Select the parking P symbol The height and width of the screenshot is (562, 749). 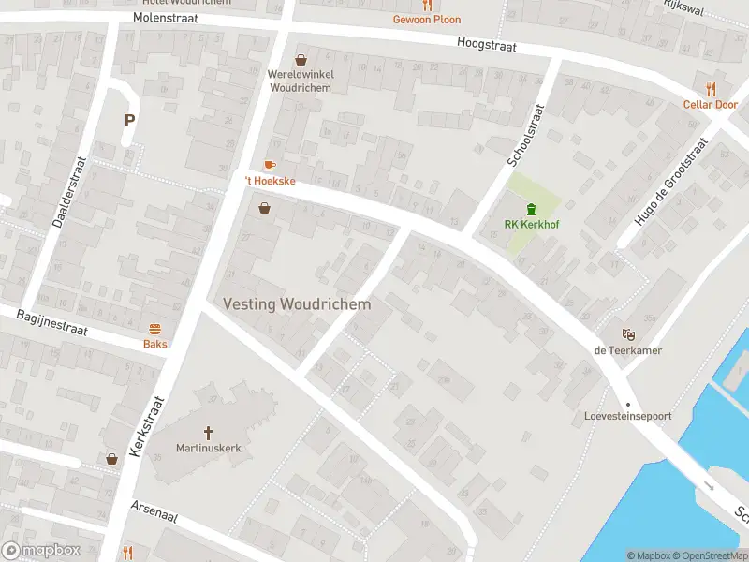pyautogui.click(x=129, y=120)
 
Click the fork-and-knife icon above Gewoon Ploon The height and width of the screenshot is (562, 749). pyautogui.click(x=427, y=5)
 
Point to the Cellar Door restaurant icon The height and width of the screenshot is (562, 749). pyautogui.click(x=711, y=89)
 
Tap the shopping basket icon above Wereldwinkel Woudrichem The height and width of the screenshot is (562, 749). pyautogui.click(x=301, y=59)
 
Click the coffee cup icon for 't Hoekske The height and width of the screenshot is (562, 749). pyautogui.click(x=271, y=165)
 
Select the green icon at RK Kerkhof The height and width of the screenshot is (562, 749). pyautogui.click(x=531, y=209)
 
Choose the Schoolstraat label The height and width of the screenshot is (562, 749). pyautogui.click(x=525, y=136)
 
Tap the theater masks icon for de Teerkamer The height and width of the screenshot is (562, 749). pyautogui.click(x=628, y=333)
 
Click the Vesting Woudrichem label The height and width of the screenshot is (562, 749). pyautogui.click(x=297, y=304)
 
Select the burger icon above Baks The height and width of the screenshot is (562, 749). pyautogui.click(x=155, y=329)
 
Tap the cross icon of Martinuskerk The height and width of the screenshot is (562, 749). pyautogui.click(x=208, y=433)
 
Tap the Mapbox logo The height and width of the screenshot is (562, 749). pyautogui.click(x=40, y=551)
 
